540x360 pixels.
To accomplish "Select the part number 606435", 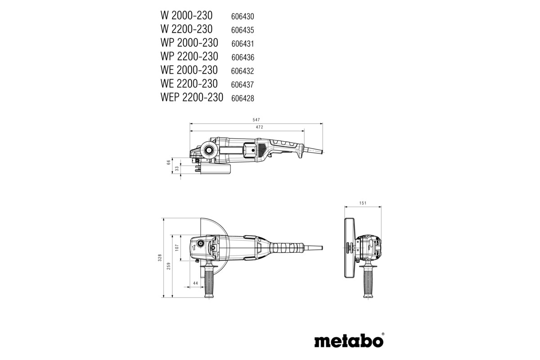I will (243, 30).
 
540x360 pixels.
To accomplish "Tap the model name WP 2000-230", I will (189, 43).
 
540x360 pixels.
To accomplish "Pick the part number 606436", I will (243, 57).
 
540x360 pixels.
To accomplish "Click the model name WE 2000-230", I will (189, 70).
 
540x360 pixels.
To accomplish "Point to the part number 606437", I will (243, 85).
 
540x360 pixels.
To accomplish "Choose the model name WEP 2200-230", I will (191, 97).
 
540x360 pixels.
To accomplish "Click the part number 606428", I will (243, 98).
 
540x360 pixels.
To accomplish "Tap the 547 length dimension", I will (256, 120).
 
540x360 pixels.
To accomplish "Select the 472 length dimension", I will (259, 128).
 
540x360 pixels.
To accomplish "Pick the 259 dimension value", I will (168, 266).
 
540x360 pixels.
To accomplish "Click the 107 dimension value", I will (177, 247).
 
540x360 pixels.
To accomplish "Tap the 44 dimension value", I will (195, 283).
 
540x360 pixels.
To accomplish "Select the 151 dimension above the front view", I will (364, 203).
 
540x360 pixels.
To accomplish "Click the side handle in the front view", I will (368, 281).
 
